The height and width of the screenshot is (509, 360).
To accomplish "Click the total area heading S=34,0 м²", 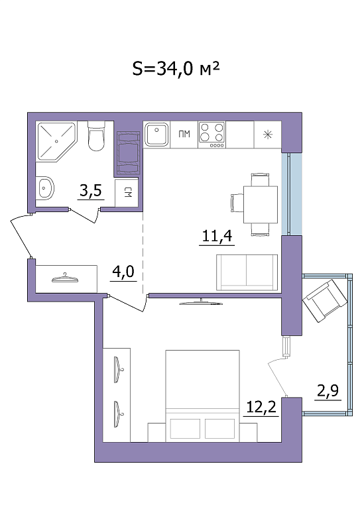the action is click(x=176, y=69).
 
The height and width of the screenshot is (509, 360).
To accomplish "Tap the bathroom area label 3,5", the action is click(x=91, y=190).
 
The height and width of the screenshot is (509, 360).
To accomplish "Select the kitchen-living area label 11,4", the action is click(x=217, y=236).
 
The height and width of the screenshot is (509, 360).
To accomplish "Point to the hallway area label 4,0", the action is click(x=123, y=271).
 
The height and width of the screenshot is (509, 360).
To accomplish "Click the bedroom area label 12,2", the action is click(x=261, y=407).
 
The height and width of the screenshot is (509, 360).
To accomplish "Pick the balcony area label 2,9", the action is click(x=328, y=391).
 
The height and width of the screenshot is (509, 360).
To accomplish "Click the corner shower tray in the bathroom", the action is click(x=56, y=141).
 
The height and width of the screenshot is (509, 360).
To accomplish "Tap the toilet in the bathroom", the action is click(x=96, y=137).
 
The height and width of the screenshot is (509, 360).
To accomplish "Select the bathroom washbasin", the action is click(x=46, y=188).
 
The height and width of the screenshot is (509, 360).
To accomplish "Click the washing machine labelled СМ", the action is click(x=127, y=193).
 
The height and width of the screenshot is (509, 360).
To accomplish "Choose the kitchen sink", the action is click(x=156, y=134).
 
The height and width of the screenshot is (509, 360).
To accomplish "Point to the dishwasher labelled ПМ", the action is click(x=184, y=134).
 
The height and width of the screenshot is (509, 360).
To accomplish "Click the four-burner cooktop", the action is click(x=212, y=135).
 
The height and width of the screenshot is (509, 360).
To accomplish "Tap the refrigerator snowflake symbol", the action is click(x=268, y=135).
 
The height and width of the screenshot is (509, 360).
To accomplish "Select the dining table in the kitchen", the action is click(x=261, y=205).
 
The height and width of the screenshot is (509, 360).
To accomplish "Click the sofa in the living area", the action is click(x=247, y=272).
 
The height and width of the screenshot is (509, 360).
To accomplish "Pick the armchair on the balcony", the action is click(x=325, y=301).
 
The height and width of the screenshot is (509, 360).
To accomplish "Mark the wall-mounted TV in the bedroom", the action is click(x=201, y=302).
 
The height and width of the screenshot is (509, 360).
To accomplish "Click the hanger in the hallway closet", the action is click(x=65, y=278).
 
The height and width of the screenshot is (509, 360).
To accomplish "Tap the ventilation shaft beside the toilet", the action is click(x=128, y=153).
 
